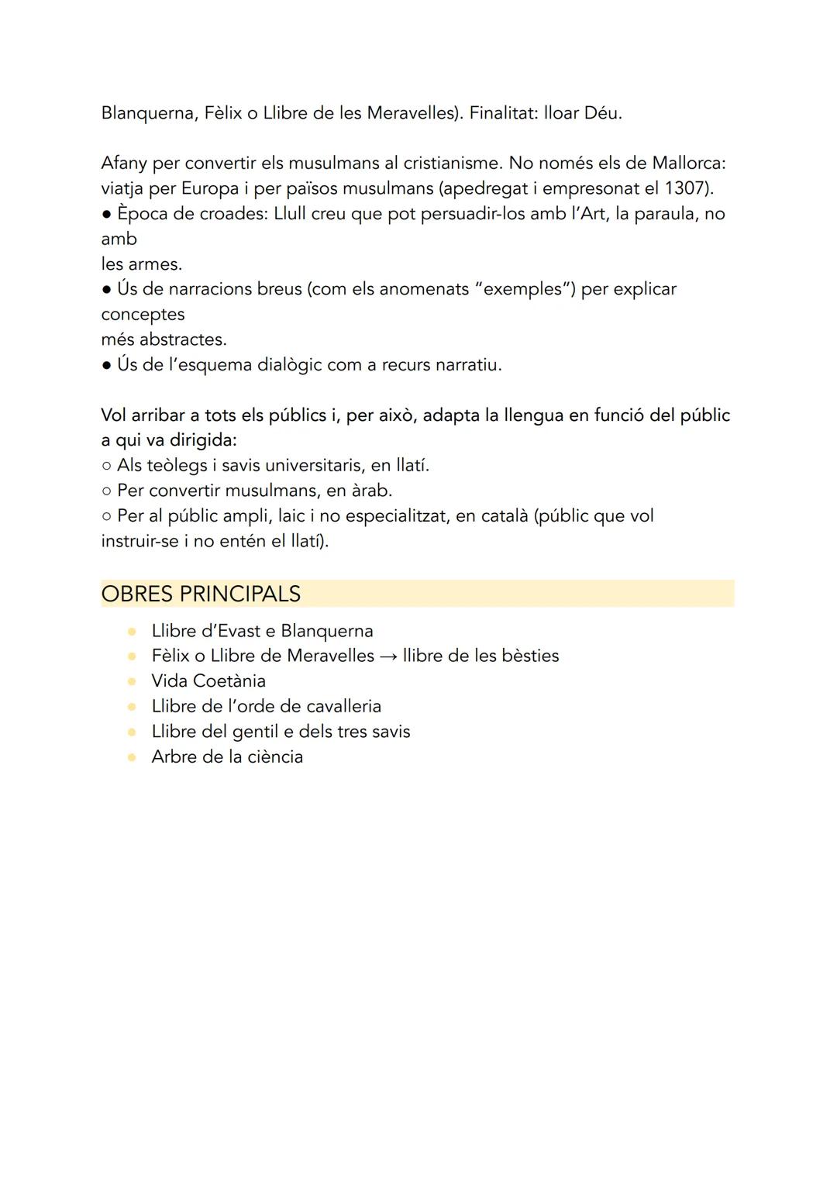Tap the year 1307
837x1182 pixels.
click(685, 188)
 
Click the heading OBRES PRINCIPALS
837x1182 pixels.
click(201, 594)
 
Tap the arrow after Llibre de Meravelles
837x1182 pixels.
click(388, 656)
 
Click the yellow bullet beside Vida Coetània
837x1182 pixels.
click(133, 681)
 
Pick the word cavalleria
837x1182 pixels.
click(343, 706)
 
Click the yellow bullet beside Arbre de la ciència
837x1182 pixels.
click(133, 756)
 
